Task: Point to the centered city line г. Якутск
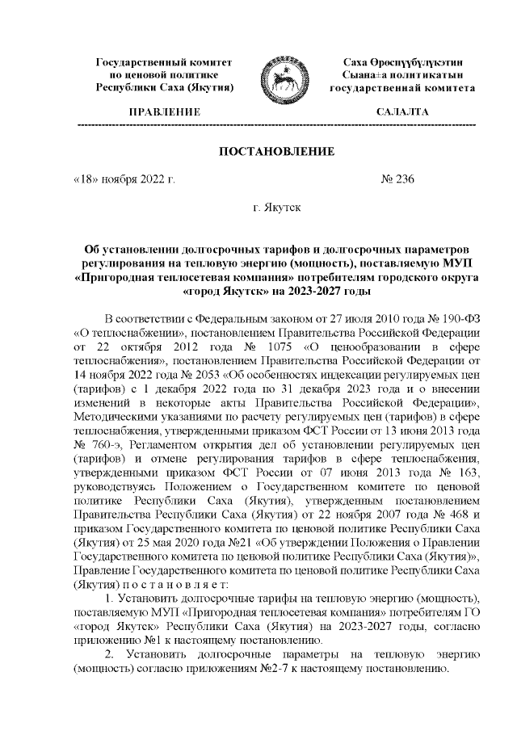point(277,208)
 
